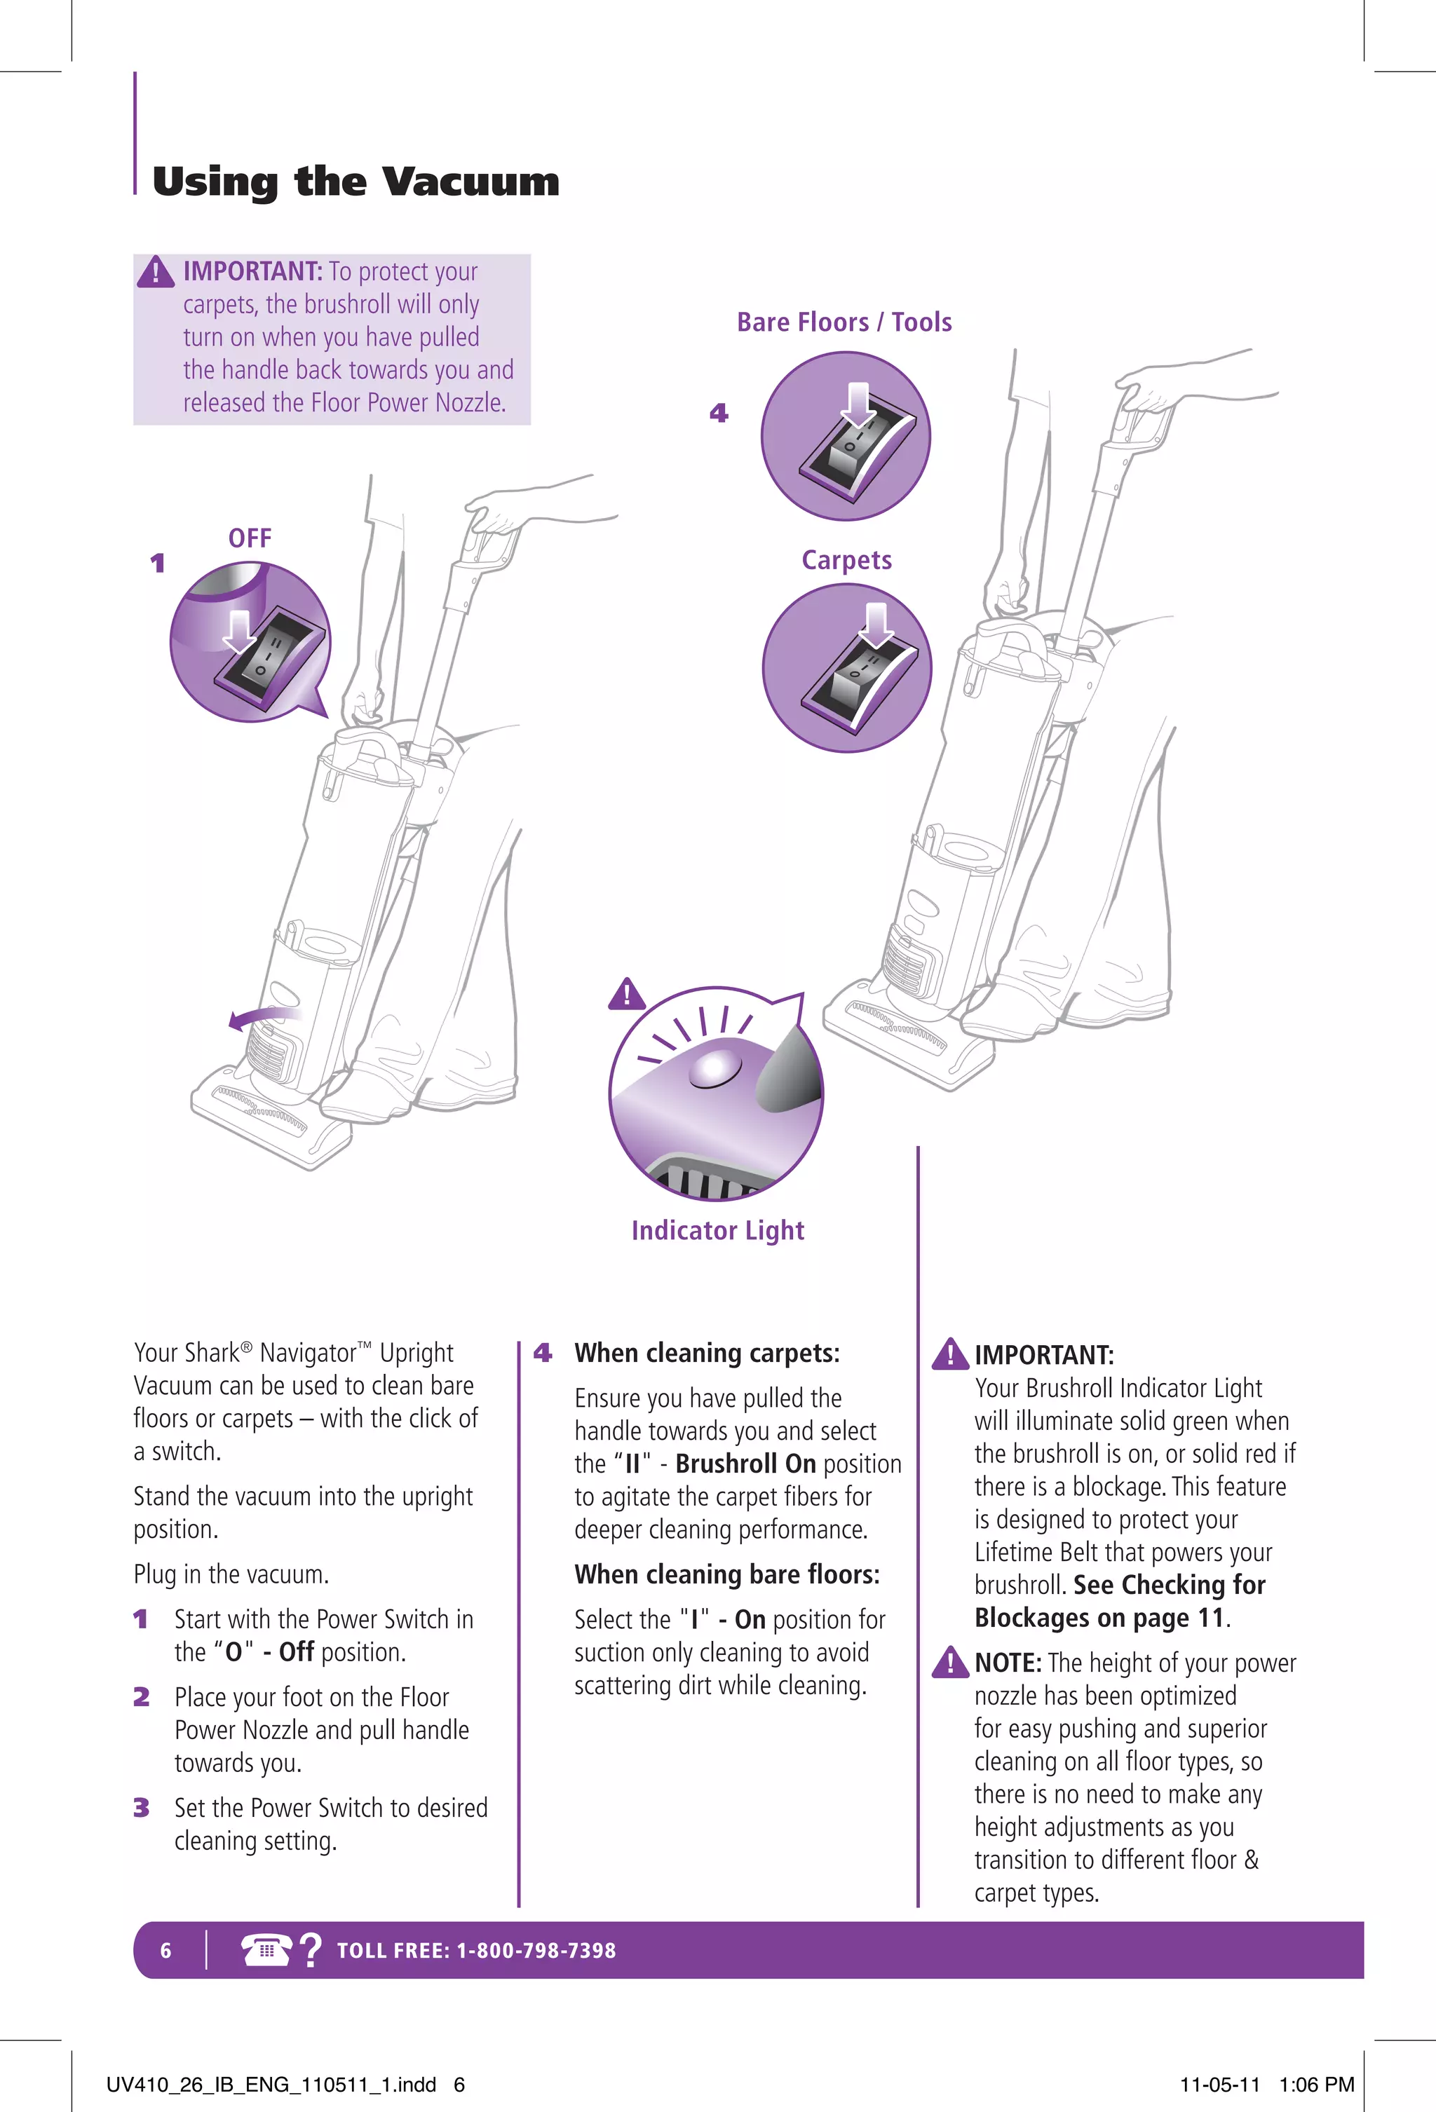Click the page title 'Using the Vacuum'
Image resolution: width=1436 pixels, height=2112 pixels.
[355, 182]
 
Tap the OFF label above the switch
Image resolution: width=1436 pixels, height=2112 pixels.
[250, 538]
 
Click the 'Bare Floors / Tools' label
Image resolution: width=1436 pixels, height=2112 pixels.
[844, 322]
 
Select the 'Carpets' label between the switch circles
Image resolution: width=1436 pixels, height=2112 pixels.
[846, 560]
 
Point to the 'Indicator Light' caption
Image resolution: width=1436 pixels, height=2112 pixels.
[718, 1230]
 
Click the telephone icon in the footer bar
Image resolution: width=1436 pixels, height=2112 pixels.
[265, 1949]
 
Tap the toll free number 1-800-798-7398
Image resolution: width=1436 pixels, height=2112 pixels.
[536, 1950]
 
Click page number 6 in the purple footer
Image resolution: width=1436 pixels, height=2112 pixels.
[165, 1950]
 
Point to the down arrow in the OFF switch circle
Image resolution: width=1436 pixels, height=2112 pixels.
[239, 629]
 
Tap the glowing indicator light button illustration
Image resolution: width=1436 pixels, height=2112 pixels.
[716, 1068]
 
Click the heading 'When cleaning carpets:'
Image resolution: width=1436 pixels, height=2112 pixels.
[707, 1353]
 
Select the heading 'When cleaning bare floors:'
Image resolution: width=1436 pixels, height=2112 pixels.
[727, 1574]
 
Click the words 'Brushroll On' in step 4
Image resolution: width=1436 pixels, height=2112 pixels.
[745, 1464]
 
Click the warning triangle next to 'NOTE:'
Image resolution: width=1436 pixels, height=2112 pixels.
[951, 1662]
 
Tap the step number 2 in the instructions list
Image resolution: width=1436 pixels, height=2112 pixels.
[141, 1697]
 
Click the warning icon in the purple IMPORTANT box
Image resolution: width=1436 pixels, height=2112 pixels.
[156, 272]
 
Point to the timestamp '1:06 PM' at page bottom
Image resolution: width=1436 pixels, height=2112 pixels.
[1316, 2085]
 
